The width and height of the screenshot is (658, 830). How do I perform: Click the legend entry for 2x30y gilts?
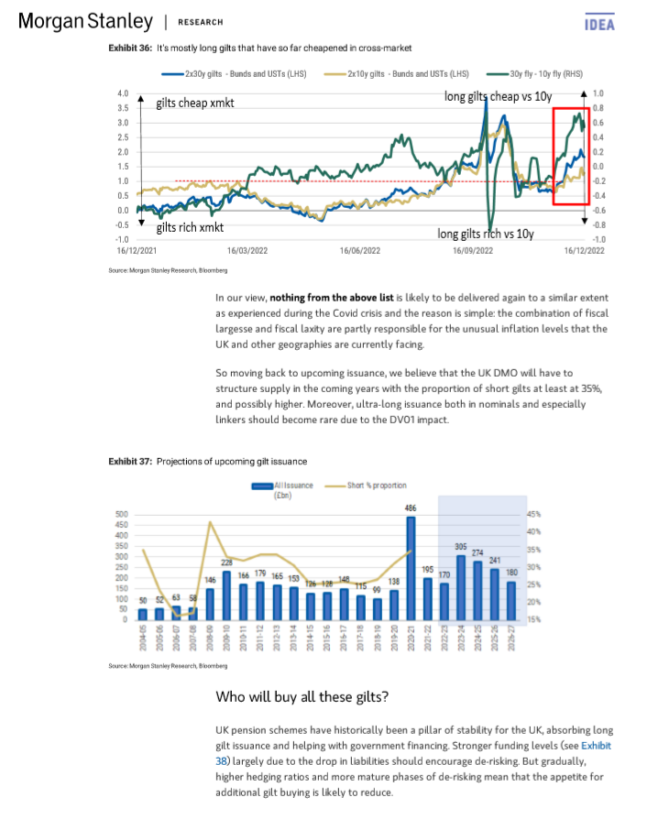click(237, 73)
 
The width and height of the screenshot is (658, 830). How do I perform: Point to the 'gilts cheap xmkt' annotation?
click(194, 104)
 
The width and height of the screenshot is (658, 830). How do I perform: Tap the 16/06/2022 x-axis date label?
click(360, 249)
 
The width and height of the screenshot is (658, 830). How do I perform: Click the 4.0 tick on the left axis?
click(122, 94)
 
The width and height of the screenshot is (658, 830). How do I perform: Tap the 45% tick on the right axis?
click(533, 515)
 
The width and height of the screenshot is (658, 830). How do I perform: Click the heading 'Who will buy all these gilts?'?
click(302, 697)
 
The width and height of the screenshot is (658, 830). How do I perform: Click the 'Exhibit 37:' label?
click(128, 461)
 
